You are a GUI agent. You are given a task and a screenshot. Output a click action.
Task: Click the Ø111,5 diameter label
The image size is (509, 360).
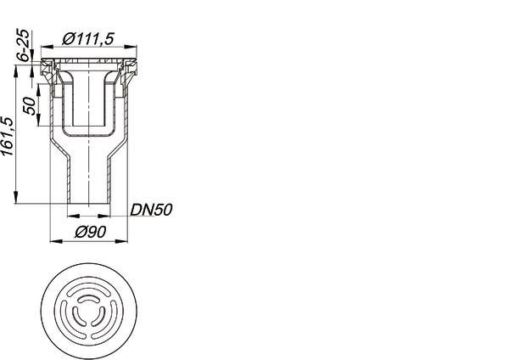(88, 39)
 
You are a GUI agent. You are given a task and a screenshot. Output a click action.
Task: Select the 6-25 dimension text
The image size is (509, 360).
(24, 45)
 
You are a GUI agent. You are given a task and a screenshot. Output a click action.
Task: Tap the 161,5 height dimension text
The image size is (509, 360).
(8, 136)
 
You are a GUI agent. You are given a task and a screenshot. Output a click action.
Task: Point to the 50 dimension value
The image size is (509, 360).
(30, 105)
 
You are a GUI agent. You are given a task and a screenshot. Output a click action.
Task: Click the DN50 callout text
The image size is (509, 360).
(151, 210)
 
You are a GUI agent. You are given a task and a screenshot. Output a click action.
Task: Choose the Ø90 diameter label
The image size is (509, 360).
(91, 233)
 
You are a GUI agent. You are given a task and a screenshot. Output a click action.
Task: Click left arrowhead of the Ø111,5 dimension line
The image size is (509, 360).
(47, 47)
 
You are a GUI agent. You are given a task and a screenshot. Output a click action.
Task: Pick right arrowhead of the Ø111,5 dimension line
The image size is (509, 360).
(131, 47)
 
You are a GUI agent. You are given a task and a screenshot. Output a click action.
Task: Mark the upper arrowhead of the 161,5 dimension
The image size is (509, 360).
(15, 71)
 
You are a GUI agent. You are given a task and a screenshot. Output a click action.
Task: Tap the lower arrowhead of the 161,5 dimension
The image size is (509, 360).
(15, 198)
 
